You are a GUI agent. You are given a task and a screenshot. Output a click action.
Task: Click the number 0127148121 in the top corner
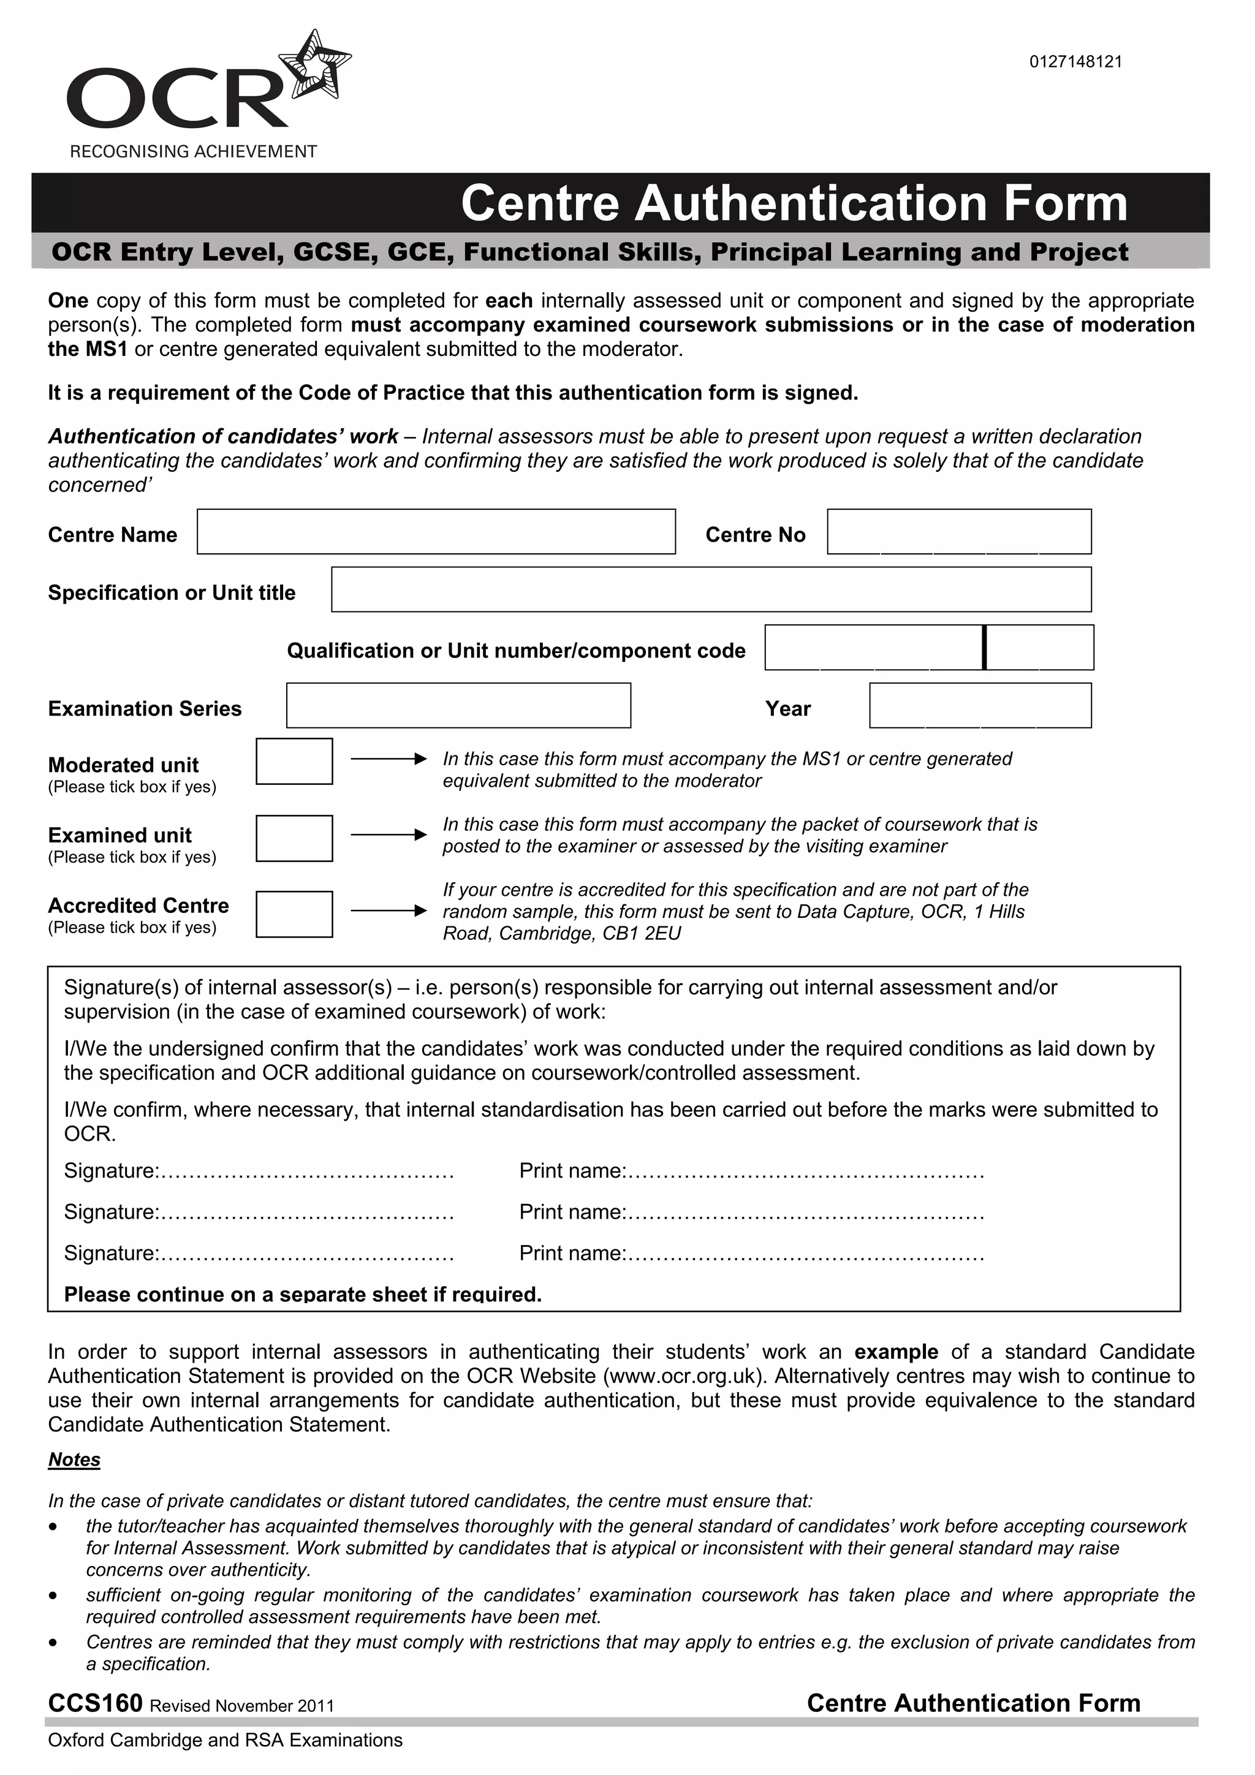1075,62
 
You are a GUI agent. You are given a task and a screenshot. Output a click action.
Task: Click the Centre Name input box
436,531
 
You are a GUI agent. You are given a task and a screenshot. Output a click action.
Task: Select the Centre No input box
959,531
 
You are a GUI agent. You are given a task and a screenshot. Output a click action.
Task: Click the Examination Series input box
458,705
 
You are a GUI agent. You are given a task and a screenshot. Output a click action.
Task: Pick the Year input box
980,705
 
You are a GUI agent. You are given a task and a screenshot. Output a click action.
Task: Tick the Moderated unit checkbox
294,762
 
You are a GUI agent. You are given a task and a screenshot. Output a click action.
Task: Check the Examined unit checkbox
294,838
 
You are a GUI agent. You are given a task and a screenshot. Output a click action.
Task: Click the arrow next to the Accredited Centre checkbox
388,910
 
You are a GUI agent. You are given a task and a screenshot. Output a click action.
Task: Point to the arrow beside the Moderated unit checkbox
388,759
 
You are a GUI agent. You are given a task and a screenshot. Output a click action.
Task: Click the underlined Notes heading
74,1459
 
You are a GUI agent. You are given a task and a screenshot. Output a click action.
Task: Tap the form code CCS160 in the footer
95,1703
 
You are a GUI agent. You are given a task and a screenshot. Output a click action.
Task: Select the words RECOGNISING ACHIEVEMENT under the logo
193,151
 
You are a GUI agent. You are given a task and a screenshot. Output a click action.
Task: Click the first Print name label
571,1171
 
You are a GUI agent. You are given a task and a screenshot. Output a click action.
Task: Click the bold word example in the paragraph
895,1352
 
